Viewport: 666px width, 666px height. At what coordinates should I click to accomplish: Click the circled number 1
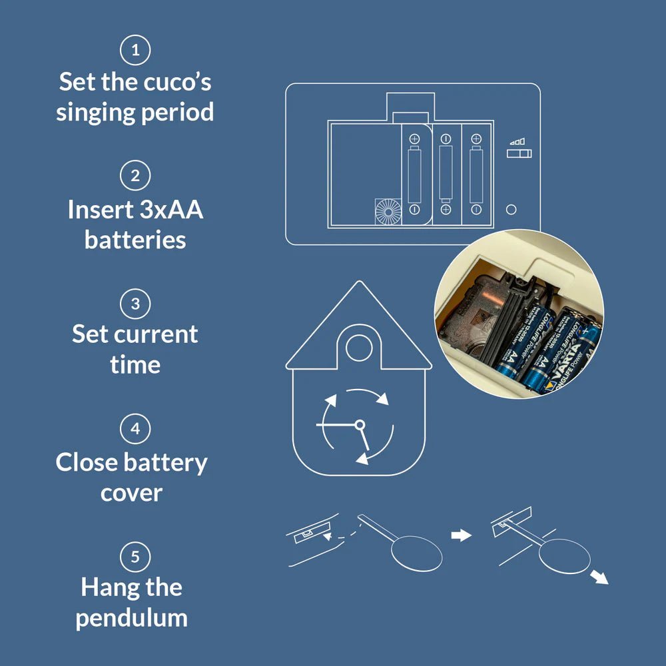point(135,51)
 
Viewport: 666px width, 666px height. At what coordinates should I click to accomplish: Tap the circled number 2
point(135,176)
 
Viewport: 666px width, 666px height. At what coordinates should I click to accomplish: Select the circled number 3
point(135,303)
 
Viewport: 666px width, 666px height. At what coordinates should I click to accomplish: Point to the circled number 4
point(135,429)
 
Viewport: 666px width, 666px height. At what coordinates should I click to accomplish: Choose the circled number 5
point(135,556)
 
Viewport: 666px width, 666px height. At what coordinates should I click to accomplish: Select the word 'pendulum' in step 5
point(131,617)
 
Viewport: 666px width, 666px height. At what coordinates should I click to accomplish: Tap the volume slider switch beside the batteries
point(519,154)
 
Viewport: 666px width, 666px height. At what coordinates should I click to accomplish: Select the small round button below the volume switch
point(511,209)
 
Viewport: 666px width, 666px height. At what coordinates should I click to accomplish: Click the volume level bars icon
point(517,141)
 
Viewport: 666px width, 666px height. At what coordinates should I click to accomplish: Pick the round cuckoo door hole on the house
point(360,347)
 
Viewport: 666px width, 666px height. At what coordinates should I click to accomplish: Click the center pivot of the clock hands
point(360,424)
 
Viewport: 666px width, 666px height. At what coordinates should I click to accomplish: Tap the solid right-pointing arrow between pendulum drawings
point(461,535)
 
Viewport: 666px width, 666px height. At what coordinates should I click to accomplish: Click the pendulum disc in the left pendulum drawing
point(417,553)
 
